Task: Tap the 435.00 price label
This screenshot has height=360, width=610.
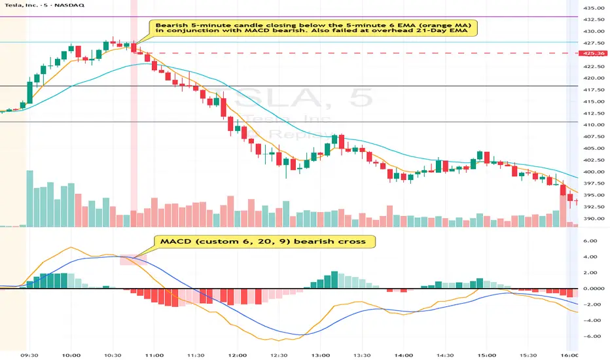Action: (594, 8)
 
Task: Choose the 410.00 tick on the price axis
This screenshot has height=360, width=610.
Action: (594, 124)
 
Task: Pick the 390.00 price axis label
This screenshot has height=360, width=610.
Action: (594, 219)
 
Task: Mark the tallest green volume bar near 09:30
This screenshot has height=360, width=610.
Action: (29, 198)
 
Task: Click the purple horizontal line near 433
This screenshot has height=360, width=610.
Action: (327, 16)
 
